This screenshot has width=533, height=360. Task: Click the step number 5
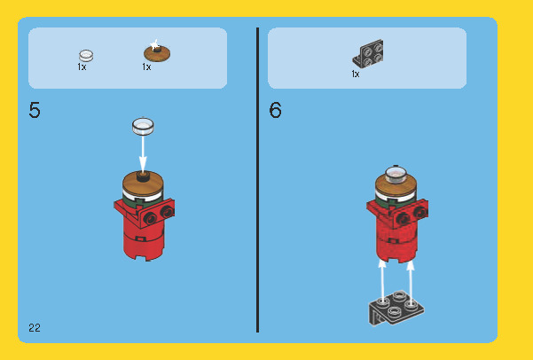(x=35, y=110)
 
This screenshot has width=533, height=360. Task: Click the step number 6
(x=275, y=110)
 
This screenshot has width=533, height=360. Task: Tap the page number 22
(x=35, y=328)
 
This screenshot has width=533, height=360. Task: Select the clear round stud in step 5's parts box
(x=86, y=55)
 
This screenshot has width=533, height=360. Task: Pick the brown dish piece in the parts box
(x=157, y=52)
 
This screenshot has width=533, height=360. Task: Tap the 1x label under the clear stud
(x=82, y=67)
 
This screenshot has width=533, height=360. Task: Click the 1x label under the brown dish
(x=146, y=67)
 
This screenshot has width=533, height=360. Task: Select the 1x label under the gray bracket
(x=356, y=74)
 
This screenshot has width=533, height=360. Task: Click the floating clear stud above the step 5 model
(x=143, y=126)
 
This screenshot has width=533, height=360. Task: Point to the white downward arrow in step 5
(x=143, y=153)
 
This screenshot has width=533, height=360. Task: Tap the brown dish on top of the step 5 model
(x=143, y=184)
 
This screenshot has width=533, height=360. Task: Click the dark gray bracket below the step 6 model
(x=396, y=308)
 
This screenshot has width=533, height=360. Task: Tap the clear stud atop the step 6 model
(x=396, y=176)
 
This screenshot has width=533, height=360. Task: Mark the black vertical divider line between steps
(x=258, y=180)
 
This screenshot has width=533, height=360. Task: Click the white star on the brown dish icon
(x=154, y=44)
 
